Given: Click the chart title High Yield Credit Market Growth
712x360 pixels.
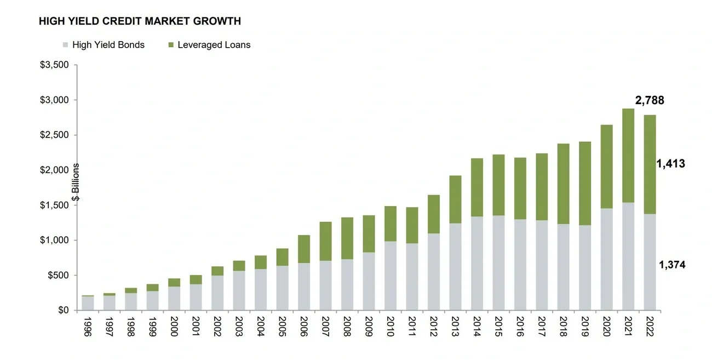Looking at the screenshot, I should (140, 21).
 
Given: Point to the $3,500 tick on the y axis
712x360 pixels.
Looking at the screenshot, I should (54, 65).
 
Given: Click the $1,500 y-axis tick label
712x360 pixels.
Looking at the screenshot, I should (54, 205).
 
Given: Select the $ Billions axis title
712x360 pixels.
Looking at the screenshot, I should (76, 182).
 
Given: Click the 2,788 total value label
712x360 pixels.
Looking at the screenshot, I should (649, 100).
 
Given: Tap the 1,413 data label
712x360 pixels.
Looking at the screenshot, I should (671, 163).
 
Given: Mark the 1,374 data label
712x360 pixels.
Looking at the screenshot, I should (671, 265).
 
